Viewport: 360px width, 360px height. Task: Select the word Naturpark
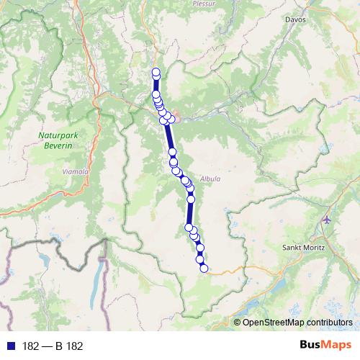(x=55, y=134)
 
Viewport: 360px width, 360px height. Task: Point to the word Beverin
(x=55, y=145)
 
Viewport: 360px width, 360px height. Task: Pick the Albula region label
(x=210, y=179)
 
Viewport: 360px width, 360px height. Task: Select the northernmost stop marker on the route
(x=156, y=71)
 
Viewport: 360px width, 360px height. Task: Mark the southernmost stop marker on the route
(x=204, y=269)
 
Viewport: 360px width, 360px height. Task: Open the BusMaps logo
(x=326, y=346)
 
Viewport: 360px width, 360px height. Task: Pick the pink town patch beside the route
(x=173, y=117)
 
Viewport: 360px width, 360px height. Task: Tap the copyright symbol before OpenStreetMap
(x=238, y=322)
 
